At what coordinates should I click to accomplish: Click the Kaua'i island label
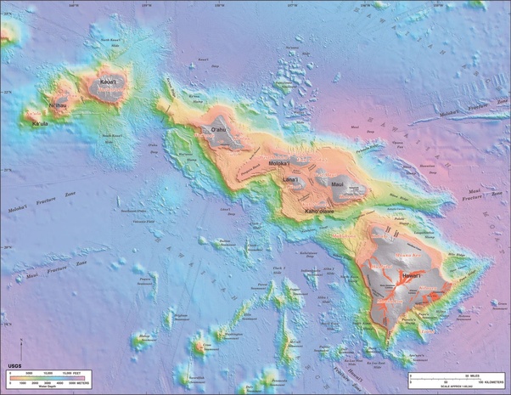pos(108,82)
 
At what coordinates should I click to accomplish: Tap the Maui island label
pos(337,183)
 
